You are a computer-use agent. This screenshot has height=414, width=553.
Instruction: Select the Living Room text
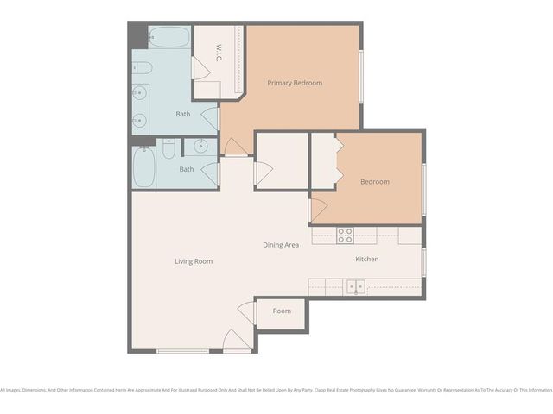[194, 261]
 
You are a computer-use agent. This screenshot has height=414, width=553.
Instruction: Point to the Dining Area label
[281, 245]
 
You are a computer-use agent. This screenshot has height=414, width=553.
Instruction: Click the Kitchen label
[366, 259]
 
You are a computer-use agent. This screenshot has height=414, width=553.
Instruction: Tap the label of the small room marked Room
[282, 310]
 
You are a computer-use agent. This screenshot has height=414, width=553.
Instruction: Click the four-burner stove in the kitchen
[345, 235]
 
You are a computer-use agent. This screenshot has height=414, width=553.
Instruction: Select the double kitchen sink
[356, 286]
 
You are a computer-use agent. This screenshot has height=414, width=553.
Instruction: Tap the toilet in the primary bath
[142, 67]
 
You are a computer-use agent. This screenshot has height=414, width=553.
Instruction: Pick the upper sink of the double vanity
[140, 91]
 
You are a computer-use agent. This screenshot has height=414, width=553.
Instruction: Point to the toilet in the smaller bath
[168, 150]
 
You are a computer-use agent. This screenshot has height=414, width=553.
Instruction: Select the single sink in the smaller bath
[201, 146]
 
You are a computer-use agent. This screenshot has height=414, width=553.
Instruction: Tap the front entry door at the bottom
[235, 341]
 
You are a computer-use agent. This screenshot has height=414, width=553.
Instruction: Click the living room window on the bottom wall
[182, 351]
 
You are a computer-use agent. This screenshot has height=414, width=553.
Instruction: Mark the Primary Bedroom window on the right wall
[360, 78]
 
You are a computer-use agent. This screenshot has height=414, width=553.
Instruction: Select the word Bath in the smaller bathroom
[187, 169]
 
